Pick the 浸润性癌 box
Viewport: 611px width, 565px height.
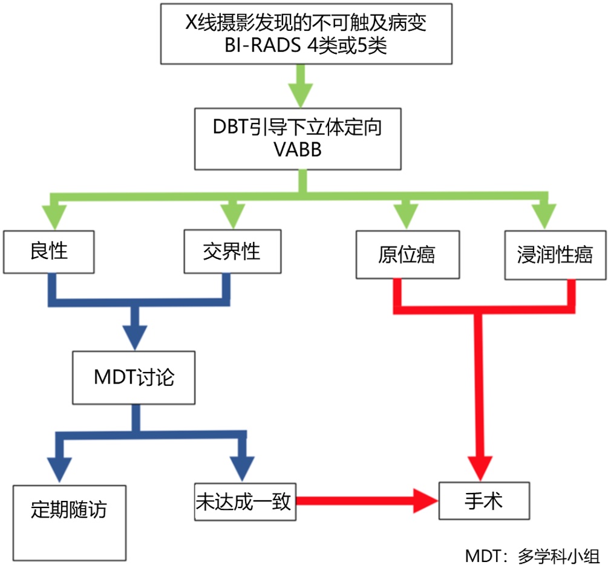coord(555,255)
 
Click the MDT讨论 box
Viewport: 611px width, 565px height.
coord(135,378)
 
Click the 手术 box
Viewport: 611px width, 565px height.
coord(484,501)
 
